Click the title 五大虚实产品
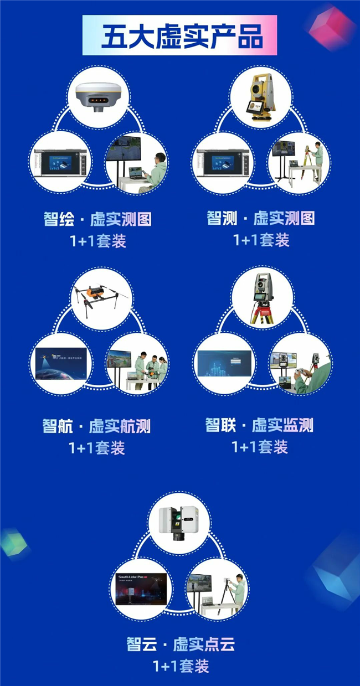pos(181,35)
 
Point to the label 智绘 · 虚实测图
pos(97,219)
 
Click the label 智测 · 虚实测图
pos(260,218)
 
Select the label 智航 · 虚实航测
pos(96,426)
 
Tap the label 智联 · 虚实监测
pos(259,425)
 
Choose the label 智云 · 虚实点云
pos(181,644)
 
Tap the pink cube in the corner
pos(331,26)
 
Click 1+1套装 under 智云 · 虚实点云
pos(181,666)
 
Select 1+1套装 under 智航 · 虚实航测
pos(97,448)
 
